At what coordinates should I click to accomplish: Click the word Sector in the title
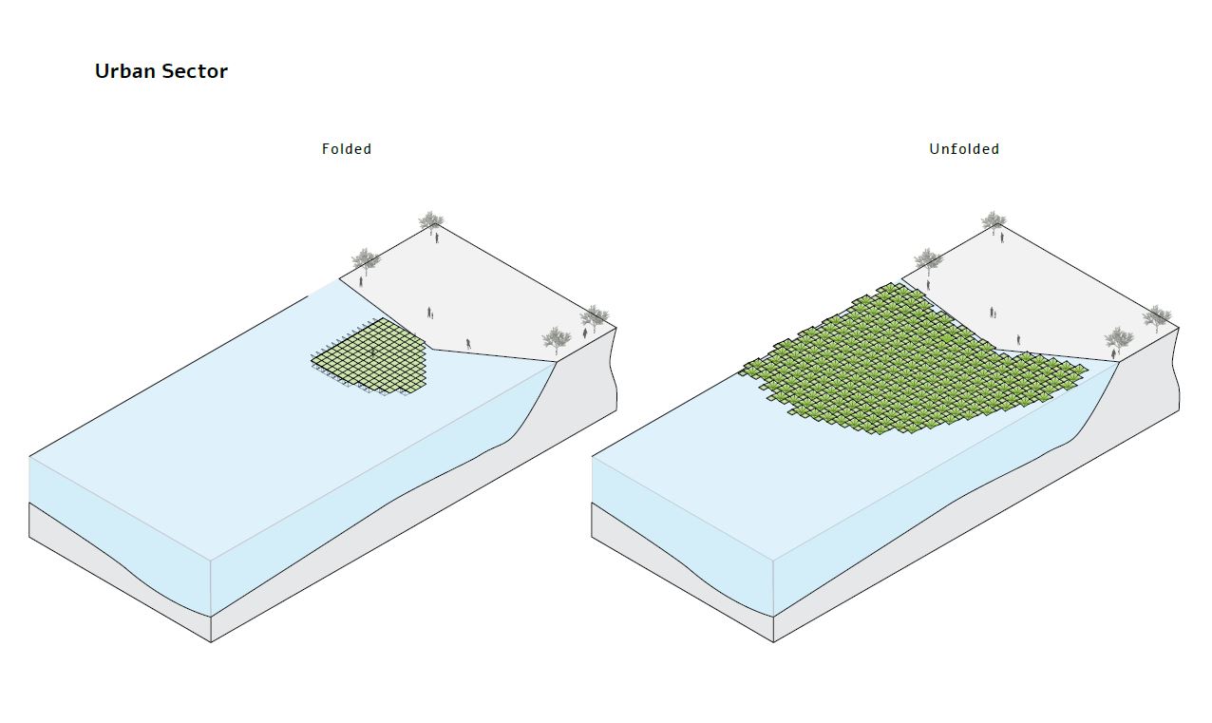[x=196, y=71]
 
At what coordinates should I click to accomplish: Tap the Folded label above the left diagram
[x=347, y=149]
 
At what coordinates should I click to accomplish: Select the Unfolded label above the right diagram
[x=964, y=149]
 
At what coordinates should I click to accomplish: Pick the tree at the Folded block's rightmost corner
[x=595, y=316]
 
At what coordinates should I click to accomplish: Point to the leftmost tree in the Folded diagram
[x=366, y=259]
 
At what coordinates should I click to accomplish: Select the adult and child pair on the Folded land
[x=430, y=313]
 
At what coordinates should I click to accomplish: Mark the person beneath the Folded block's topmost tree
[x=437, y=238]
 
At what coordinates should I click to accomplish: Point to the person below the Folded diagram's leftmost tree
[x=361, y=281]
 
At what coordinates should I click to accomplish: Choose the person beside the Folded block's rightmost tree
[x=584, y=333]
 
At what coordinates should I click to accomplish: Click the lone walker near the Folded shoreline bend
[x=467, y=343]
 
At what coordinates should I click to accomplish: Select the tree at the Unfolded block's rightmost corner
[x=1157, y=316]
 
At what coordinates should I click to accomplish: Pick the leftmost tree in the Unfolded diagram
[x=928, y=259]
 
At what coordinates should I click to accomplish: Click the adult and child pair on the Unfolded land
[x=993, y=313]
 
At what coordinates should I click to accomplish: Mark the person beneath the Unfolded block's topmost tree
[x=999, y=238]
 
